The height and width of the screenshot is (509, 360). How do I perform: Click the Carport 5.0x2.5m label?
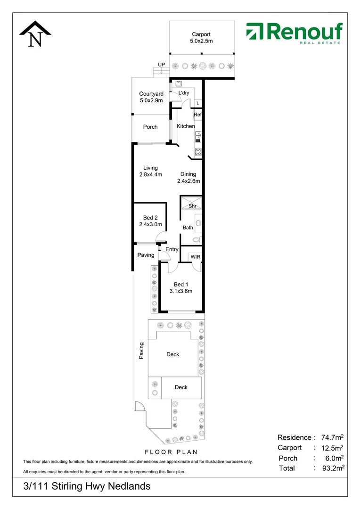(201, 38)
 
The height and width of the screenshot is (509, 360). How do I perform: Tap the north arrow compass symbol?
(35, 35)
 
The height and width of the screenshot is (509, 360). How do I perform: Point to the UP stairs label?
(162, 65)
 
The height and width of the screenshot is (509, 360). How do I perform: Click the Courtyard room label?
(151, 97)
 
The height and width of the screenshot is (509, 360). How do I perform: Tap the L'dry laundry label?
(184, 93)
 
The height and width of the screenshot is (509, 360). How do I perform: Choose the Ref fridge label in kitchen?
(198, 115)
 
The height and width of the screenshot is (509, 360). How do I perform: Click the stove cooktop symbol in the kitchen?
(198, 152)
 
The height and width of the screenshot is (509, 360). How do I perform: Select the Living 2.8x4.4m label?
(151, 171)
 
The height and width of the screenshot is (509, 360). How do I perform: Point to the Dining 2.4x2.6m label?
(188, 177)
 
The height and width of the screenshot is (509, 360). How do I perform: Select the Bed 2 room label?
(150, 221)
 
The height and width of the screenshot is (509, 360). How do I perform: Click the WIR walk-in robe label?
(196, 257)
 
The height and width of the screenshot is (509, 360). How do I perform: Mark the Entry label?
(172, 249)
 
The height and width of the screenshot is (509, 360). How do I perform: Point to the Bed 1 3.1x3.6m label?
(180, 287)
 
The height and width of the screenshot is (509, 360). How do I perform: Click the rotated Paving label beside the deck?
(141, 351)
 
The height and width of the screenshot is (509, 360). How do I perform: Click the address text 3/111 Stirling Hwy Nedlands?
(87, 486)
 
